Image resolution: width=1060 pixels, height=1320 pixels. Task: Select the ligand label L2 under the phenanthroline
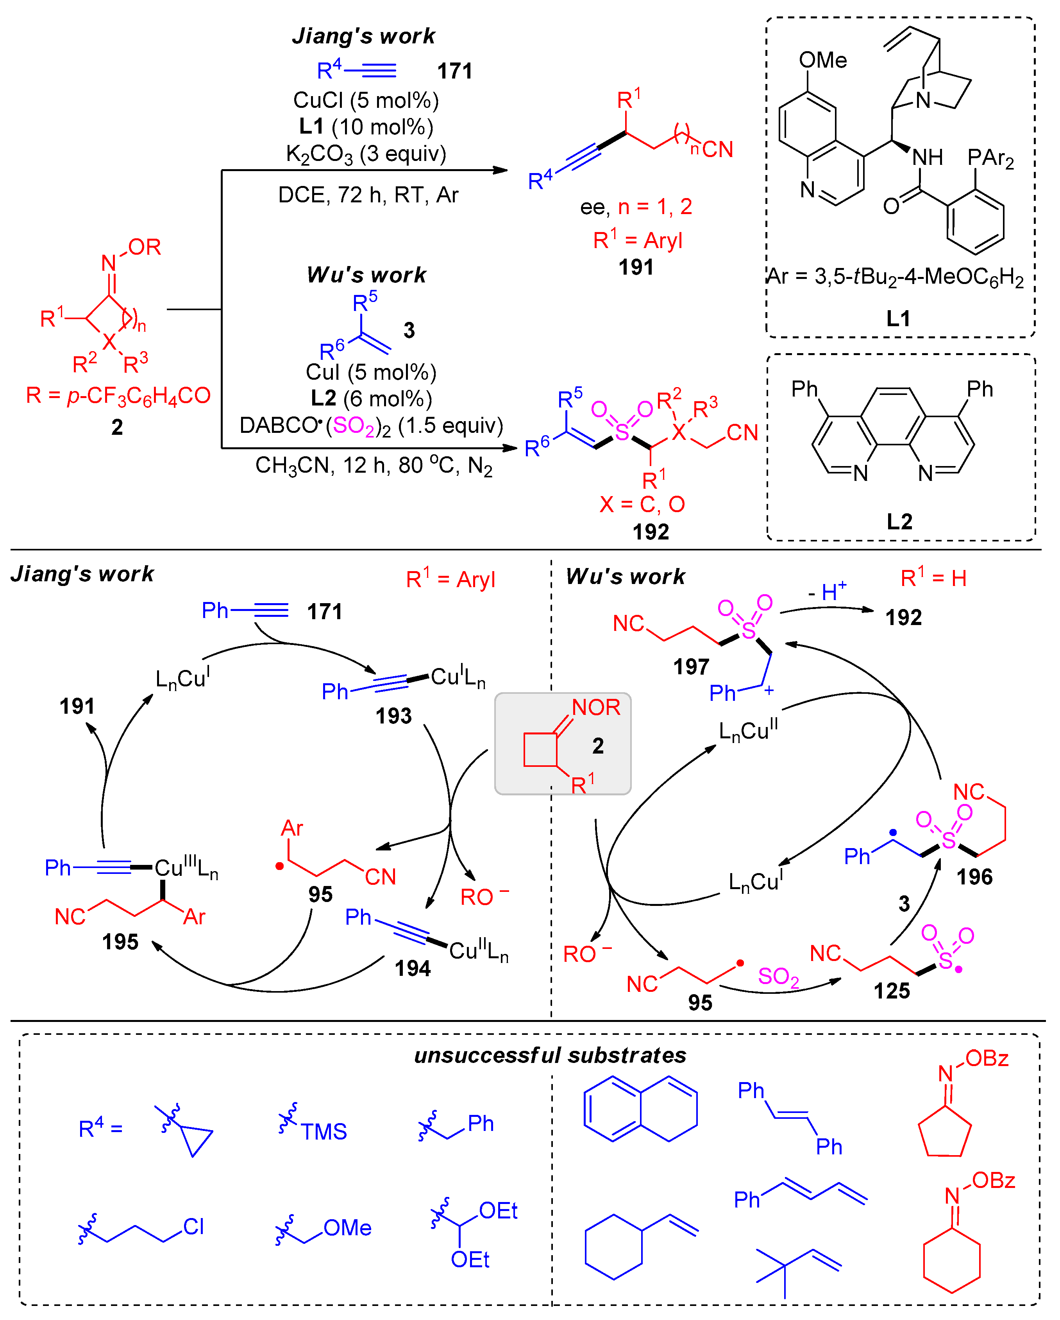[x=899, y=521]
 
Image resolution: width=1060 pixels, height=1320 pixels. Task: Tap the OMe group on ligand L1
[x=822, y=60]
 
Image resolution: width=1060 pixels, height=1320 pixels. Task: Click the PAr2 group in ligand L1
[x=990, y=159]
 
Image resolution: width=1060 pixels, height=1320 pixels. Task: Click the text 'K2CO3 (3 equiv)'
[x=366, y=154]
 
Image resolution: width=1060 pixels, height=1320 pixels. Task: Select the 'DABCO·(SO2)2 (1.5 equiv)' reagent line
[x=371, y=425]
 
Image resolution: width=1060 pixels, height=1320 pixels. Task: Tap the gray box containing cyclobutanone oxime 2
[x=563, y=744]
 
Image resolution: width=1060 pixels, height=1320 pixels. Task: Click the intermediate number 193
[x=393, y=716]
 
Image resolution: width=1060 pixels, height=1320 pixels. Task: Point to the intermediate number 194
[x=412, y=968]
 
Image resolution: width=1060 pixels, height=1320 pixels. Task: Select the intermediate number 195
[x=120, y=941]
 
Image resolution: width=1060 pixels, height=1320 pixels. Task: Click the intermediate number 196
[x=974, y=877]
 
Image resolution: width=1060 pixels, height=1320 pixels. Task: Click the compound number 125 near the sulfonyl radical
[x=892, y=991]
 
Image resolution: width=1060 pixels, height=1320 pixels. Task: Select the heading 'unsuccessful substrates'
[x=550, y=1056]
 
